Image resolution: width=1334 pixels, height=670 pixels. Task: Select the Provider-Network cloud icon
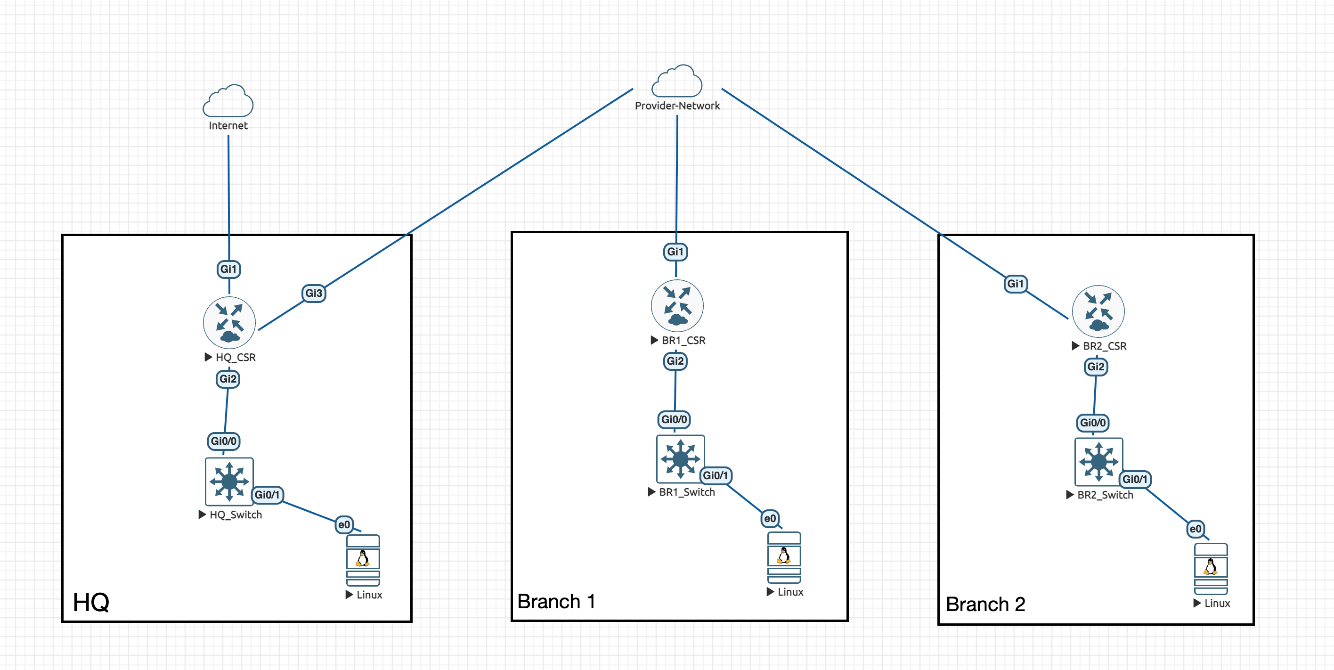pos(677,82)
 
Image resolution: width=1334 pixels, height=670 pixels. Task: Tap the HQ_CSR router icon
pos(229,323)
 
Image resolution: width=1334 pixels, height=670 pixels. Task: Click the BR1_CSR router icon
pos(677,306)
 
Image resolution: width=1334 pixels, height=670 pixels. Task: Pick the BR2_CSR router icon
pos(1098,311)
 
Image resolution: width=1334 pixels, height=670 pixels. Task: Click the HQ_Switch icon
pos(229,482)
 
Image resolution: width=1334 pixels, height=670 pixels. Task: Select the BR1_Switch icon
pos(680,458)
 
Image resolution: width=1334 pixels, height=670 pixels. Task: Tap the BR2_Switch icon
pos(1098,462)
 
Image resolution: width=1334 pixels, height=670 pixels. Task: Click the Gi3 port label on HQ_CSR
pos(313,293)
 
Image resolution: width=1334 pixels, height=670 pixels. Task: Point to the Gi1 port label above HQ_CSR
pos(228,269)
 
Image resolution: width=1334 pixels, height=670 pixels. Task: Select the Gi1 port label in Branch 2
pos(1015,284)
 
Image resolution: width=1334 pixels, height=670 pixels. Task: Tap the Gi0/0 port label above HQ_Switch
pos(224,441)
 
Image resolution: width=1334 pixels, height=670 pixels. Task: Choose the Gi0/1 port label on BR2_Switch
pos(1135,479)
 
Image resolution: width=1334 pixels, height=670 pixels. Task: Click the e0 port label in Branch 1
pos(770,519)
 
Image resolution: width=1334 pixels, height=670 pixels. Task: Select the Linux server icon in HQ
pos(363,560)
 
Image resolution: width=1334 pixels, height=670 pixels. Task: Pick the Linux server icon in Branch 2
pos(1210,568)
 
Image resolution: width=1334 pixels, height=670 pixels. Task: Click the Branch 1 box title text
pos(556,602)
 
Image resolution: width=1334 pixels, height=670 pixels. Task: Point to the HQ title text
pos(91,602)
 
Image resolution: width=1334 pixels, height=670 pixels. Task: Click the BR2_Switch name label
pos(1105,495)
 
